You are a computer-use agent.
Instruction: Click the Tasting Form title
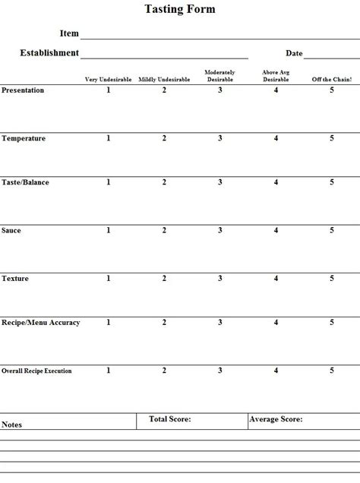[x=180, y=10]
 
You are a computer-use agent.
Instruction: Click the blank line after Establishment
[x=164, y=56]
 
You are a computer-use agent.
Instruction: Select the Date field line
[x=331, y=56]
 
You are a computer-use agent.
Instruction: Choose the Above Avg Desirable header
[x=276, y=76]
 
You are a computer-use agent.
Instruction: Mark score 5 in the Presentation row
[x=332, y=90]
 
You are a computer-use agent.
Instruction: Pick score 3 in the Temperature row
[x=220, y=138]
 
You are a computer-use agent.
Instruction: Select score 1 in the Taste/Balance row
[x=109, y=182]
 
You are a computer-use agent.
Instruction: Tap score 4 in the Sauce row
[x=276, y=230]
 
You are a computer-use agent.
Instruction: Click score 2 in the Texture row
[x=164, y=279]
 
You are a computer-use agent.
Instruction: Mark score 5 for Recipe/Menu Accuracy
[x=332, y=323]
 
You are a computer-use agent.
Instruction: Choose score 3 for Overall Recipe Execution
[x=220, y=371]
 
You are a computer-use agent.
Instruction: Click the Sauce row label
[x=11, y=230]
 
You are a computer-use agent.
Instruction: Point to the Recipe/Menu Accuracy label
[x=40, y=323]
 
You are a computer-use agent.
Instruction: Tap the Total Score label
[x=170, y=418]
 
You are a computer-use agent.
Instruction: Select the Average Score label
[x=276, y=418]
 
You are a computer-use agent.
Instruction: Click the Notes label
[x=12, y=425]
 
